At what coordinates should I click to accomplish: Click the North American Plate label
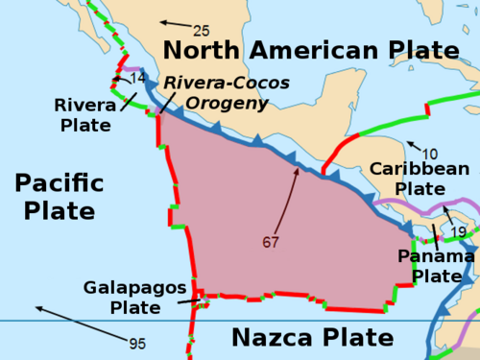(x=310, y=50)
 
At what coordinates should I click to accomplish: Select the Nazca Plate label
(x=312, y=338)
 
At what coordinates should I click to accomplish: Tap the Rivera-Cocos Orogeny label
(x=227, y=94)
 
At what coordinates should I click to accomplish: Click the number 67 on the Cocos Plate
(x=270, y=242)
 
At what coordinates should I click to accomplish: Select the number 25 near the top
(x=202, y=30)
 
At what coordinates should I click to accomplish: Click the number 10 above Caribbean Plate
(x=430, y=154)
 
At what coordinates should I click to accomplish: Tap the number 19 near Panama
(x=459, y=232)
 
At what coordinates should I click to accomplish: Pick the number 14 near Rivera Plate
(x=138, y=78)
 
